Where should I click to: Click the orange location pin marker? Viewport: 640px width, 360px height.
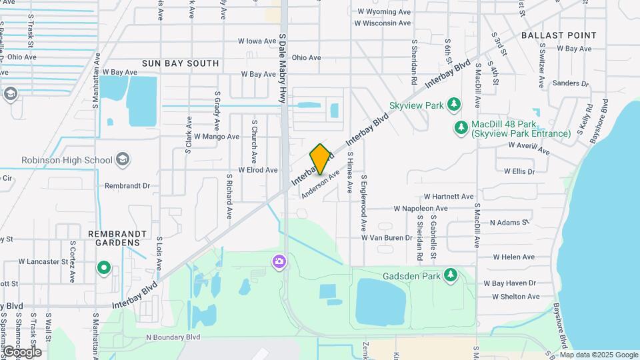pyautogui.click(x=320, y=159)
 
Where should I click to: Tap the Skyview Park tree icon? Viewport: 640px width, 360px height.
pyautogui.click(x=455, y=104)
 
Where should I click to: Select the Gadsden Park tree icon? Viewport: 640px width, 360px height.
pyautogui.click(x=451, y=275)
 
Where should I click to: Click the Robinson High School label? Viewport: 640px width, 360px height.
pyautogui.click(x=67, y=160)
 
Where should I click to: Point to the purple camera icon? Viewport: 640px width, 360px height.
pyautogui.click(x=279, y=261)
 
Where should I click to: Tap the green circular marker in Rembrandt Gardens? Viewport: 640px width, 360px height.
pyautogui.click(x=103, y=268)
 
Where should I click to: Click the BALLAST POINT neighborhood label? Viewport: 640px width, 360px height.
pyautogui.click(x=559, y=35)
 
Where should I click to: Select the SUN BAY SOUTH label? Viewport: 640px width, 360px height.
pyautogui.click(x=180, y=63)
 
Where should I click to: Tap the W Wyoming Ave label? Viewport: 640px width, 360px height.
pyautogui.click(x=384, y=12)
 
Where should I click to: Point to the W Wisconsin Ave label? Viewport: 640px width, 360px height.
pyautogui.click(x=383, y=23)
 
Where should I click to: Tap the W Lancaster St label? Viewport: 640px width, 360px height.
pyautogui.click(x=43, y=261)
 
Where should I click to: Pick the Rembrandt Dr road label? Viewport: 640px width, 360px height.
pyautogui.click(x=128, y=186)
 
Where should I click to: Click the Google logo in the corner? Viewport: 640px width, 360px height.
pyautogui.click(x=22, y=352)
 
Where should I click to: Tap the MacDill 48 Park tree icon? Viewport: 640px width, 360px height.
pyautogui.click(x=461, y=127)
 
